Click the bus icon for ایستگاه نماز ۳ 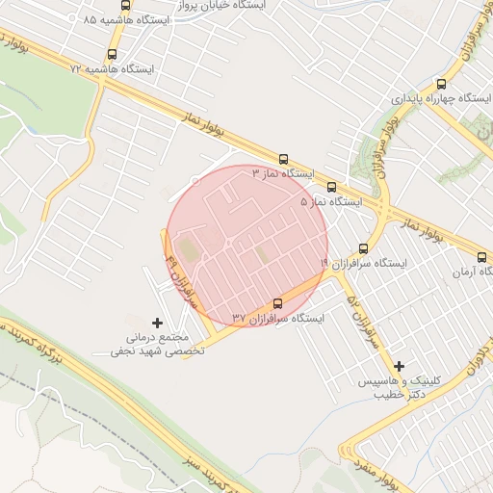[283, 159]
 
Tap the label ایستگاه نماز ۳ [284, 174]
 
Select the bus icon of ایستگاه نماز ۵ [332, 188]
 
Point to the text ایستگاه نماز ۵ [331, 203]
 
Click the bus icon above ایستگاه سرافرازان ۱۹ [362, 247]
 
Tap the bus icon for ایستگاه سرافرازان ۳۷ [278, 302]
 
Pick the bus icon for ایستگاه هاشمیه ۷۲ [114, 55]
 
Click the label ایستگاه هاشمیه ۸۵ [126, 20]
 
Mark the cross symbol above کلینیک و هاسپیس [400, 365]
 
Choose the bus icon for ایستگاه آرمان [482, 257]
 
